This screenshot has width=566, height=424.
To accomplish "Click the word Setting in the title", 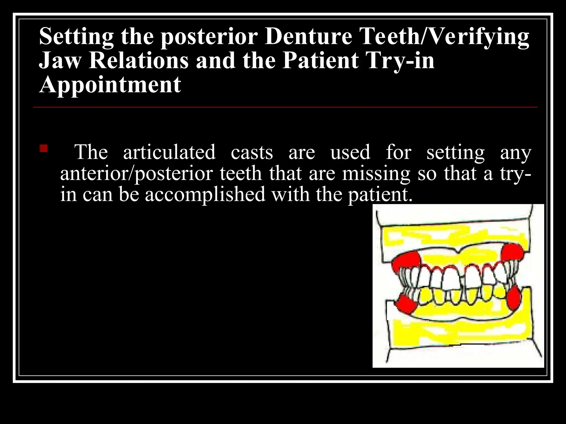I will (76, 37).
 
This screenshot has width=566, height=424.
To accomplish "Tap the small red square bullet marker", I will (44, 149).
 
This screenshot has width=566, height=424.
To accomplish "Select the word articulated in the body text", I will (169, 152).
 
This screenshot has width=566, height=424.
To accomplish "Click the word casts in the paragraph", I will (252, 152).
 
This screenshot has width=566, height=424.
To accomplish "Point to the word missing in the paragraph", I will (376, 174).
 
